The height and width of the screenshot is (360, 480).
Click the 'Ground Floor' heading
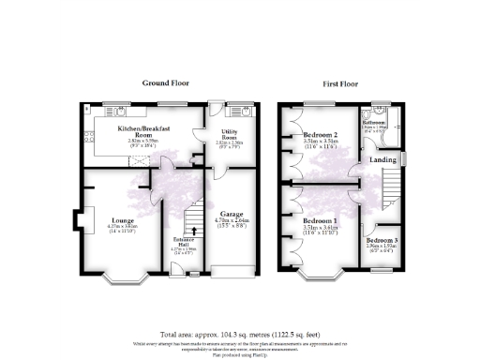[166, 83]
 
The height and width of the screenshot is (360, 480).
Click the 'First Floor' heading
[343, 83]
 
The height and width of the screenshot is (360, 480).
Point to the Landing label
[382, 159]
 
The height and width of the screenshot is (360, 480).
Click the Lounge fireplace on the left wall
[80, 221]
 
